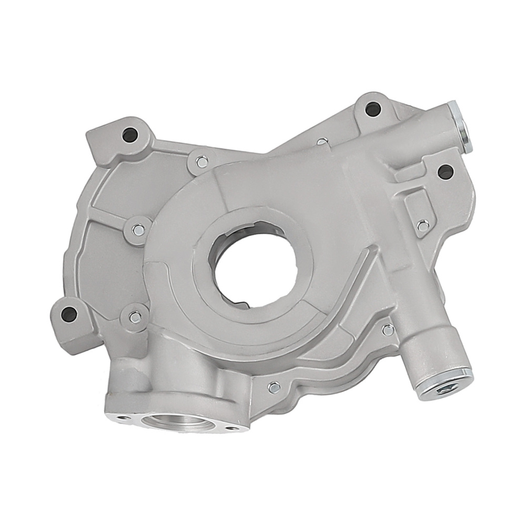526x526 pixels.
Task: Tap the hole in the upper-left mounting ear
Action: (x=130, y=135)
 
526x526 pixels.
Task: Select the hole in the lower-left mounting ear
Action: (x=69, y=314)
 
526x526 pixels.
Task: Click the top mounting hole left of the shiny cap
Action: (x=372, y=109)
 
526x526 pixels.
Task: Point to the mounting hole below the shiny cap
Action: (x=445, y=171)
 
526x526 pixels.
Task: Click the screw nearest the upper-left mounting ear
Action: (x=201, y=162)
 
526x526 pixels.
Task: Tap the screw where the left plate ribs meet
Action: (x=138, y=230)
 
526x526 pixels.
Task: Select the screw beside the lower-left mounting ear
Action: (x=135, y=317)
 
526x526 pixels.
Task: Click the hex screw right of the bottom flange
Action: (x=274, y=388)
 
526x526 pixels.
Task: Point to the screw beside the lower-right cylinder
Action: (x=388, y=330)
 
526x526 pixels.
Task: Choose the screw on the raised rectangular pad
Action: (x=422, y=226)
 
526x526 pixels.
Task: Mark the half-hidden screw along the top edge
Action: (x=322, y=141)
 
